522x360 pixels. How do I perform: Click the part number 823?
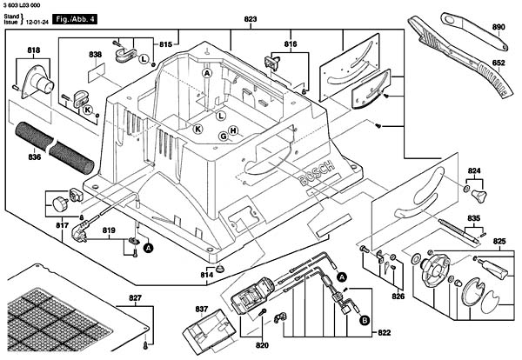[251, 19]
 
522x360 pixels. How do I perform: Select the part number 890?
[499, 27]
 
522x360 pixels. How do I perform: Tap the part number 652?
[499, 63]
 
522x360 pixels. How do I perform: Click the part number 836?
[34, 157]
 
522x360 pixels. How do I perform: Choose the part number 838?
[96, 55]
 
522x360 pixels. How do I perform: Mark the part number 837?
[201, 309]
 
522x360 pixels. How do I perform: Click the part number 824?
[474, 170]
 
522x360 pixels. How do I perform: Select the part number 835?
[474, 217]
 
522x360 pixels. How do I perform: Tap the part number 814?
[206, 275]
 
